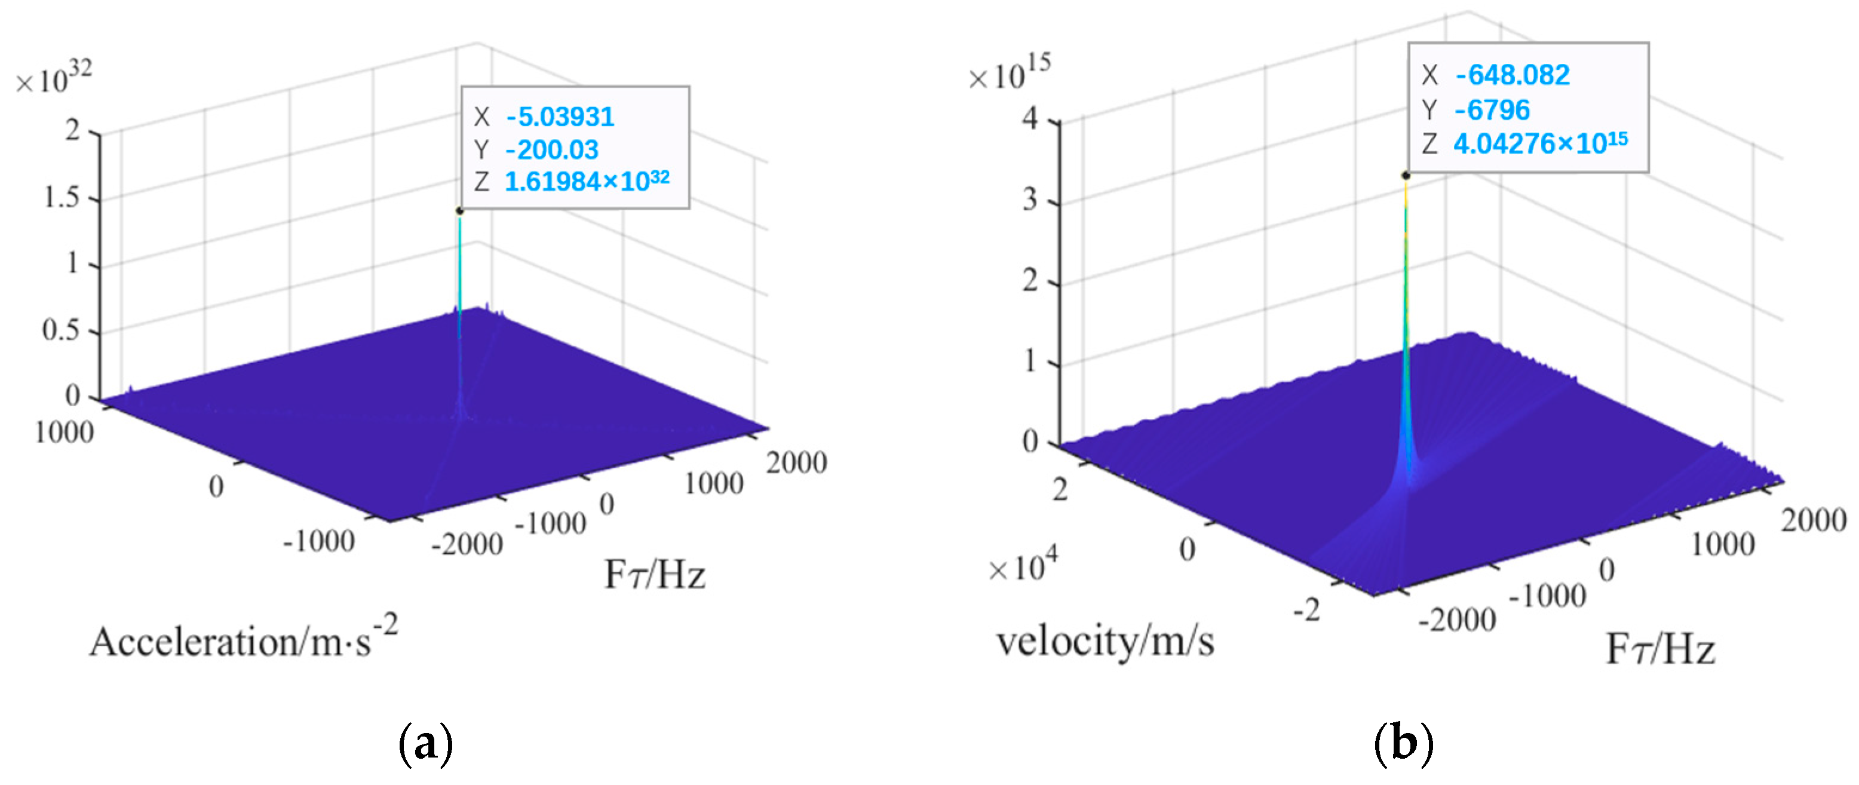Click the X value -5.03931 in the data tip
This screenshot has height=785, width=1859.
point(560,117)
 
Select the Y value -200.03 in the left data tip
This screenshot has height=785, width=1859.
point(552,150)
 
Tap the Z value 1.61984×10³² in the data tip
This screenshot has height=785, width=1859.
point(587,181)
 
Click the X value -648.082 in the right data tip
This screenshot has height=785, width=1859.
point(1512,75)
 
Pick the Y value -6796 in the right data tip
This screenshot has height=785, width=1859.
point(1492,111)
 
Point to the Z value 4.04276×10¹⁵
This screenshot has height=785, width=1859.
point(1540,143)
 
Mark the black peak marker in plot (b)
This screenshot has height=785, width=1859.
point(1406,175)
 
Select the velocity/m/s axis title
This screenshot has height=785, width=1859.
point(1105,640)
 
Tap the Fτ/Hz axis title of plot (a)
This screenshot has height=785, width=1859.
point(654,575)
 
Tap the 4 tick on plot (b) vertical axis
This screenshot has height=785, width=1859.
point(1030,118)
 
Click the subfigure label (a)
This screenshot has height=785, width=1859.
point(426,743)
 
